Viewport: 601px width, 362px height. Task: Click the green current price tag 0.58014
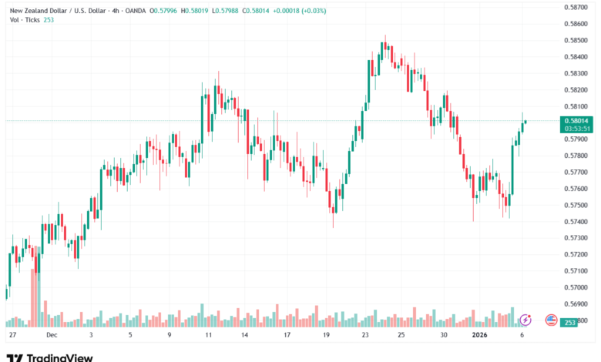point(577,120)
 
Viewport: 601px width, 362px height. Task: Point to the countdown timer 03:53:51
point(577,129)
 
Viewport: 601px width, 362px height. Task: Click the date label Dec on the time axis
point(52,336)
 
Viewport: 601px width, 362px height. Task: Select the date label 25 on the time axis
point(401,336)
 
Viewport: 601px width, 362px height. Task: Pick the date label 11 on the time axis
point(208,336)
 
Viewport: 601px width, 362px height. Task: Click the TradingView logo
point(49,357)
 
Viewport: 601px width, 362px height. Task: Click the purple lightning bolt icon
point(525,319)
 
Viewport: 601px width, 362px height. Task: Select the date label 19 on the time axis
point(327,336)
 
